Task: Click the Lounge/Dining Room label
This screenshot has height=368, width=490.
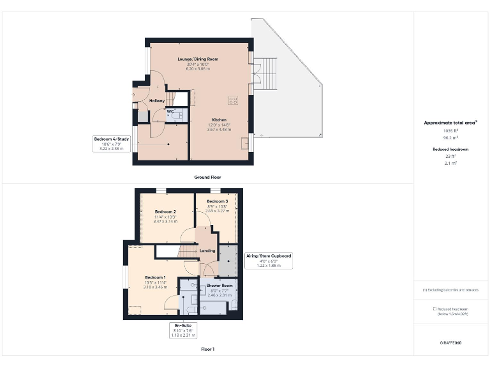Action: [198, 59]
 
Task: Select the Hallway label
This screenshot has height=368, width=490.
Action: [157, 101]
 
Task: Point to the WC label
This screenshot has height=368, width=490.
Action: [170, 112]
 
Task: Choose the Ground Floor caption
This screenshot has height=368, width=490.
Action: [208, 177]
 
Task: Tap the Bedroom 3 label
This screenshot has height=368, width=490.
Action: [217, 201]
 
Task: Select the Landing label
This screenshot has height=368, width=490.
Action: [207, 250]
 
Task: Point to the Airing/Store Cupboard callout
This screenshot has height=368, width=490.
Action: [269, 256]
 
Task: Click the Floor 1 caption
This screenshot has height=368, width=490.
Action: [207, 349]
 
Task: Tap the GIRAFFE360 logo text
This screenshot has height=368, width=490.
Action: [451, 343]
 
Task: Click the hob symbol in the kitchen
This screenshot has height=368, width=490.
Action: [234, 100]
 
